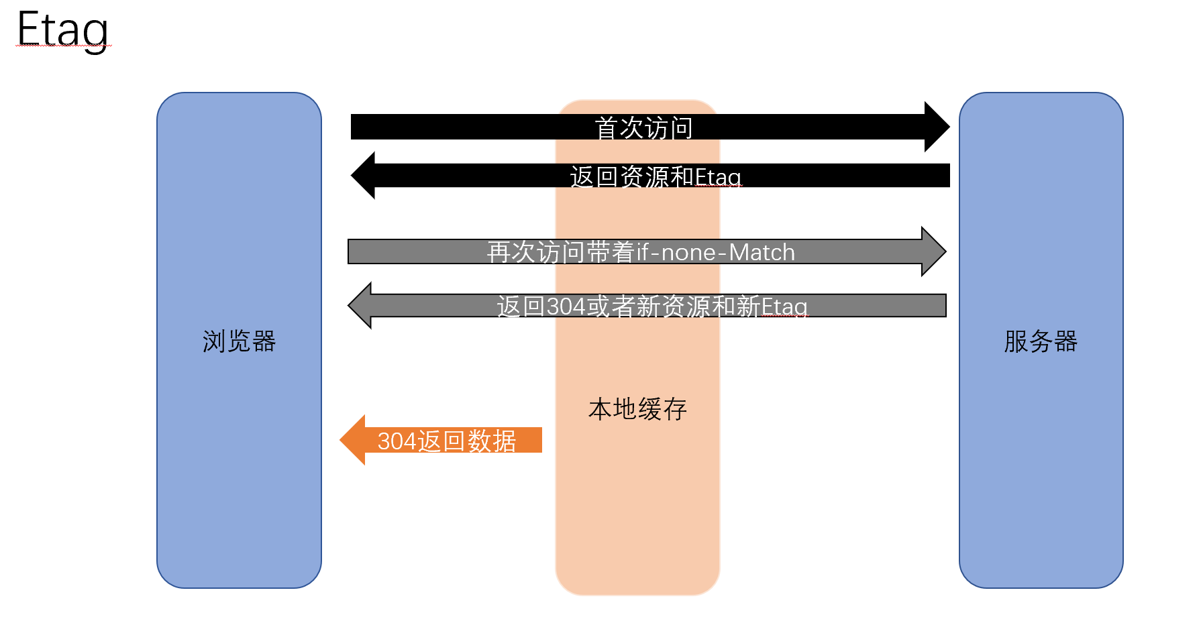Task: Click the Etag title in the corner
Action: tap(62, 30)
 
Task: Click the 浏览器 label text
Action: tap(239, 341)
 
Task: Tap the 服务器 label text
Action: tap(1041, 341)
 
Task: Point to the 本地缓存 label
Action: tap(637, 409)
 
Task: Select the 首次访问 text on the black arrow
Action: tap(643, 127)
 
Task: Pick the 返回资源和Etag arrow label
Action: tap(656, 177)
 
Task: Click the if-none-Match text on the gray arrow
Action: tap(716, 252)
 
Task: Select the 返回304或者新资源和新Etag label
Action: tap(652, 306)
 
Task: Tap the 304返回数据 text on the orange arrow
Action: tap(446, 441)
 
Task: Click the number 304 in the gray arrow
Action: tap(566, 306)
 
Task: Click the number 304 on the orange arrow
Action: tap(397, 441)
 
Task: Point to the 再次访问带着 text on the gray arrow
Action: tap(561, 252)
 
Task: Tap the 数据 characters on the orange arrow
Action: tap(492, 441)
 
